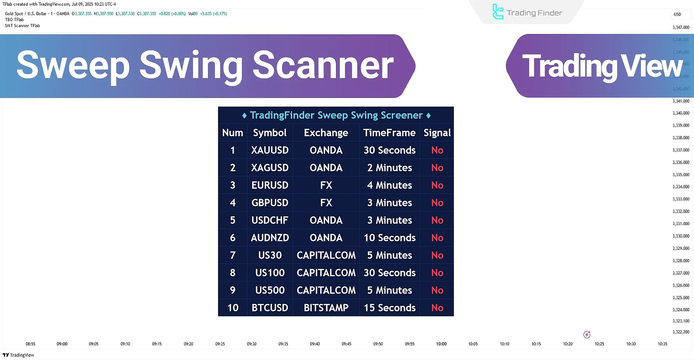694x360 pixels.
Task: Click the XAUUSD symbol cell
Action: [270, 150]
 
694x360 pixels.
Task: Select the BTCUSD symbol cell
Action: [270, 308]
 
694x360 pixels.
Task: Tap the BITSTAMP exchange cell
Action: [326, 308]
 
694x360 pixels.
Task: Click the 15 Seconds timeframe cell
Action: [389, 308]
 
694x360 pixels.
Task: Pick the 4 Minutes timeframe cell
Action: [389, 185]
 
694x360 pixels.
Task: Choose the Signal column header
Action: [437, 133]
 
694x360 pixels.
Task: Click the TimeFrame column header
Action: [389, 133]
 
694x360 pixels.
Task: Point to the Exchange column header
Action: [326, 133]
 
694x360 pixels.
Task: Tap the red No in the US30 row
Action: [437, 256]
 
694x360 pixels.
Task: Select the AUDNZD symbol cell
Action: [270, 238]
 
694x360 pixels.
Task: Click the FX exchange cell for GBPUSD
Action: [326, 203]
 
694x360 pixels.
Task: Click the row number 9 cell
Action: [233, 290]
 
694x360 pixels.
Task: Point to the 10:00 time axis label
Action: [441, 344]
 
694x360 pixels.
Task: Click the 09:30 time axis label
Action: [252, 344]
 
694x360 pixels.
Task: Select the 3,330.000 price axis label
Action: [681, 236]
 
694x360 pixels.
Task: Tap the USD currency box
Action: [677, 14]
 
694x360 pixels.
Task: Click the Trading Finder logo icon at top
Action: [498, 12]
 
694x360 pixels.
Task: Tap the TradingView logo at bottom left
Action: [18, 355]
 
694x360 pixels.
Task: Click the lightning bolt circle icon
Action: [587, 335]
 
